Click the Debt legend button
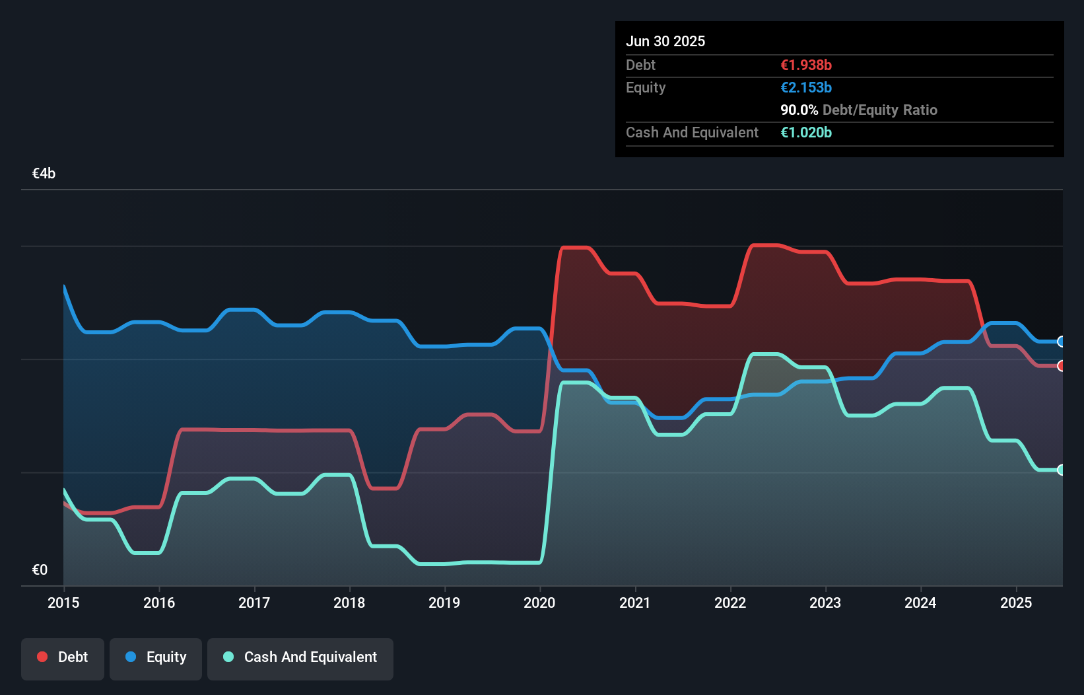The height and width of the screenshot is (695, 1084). pos(63,658)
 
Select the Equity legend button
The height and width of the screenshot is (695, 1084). pos(156,658)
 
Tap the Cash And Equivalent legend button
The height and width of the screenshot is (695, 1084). pos(300,658)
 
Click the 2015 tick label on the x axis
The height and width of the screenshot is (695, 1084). pos(63,603)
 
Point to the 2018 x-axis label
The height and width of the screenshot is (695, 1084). pos(349,603)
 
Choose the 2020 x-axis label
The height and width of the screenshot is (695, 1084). pos(539,603)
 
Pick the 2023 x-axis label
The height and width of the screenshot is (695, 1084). pos(825,603)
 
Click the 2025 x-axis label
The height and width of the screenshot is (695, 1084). pos(1016,603)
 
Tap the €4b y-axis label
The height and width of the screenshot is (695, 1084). pos(44,174)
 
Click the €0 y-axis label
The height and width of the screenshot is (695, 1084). pos(40,570)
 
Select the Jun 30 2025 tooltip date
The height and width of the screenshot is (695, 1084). pos(665,41)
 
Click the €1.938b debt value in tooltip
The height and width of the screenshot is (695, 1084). pos(806,65)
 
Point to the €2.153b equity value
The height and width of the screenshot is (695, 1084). pos(806,87)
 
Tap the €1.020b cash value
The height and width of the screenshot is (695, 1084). pos(806,132)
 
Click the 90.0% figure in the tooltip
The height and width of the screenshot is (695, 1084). pos(799,110)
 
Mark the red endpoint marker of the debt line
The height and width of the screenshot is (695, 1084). pos(1061,366)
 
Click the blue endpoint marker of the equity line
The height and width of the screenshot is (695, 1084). pos(1061,342)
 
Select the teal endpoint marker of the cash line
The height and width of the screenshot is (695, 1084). pos(1061,470)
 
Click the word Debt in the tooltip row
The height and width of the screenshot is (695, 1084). pos(640,65)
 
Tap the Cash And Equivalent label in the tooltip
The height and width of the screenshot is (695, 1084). pos(692,132)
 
